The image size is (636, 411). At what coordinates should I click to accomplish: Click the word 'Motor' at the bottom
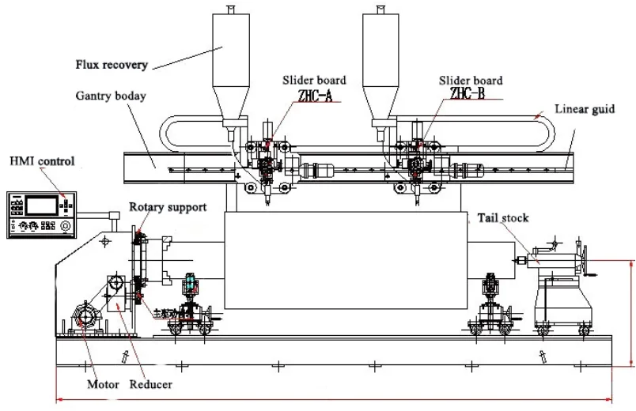tap(102, 386)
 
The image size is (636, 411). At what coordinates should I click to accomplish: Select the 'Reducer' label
tap(151, 386)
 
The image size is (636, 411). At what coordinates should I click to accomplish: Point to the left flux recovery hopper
tap(230, 67)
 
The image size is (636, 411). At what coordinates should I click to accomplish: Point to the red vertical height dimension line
tap(631, 312)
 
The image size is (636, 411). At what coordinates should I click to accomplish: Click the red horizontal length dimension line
tap(332, 400)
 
